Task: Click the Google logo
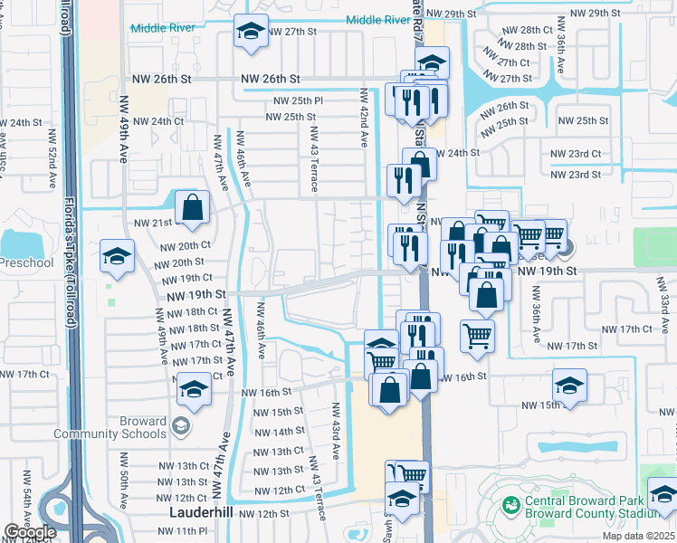point(30,532)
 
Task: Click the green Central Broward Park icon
point(510,502)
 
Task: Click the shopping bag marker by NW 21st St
point(193,207)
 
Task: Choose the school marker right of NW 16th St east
point(569,386)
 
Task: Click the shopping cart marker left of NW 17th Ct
point(477,336)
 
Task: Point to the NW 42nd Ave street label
point(364,119)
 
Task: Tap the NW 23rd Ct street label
point(576,155)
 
